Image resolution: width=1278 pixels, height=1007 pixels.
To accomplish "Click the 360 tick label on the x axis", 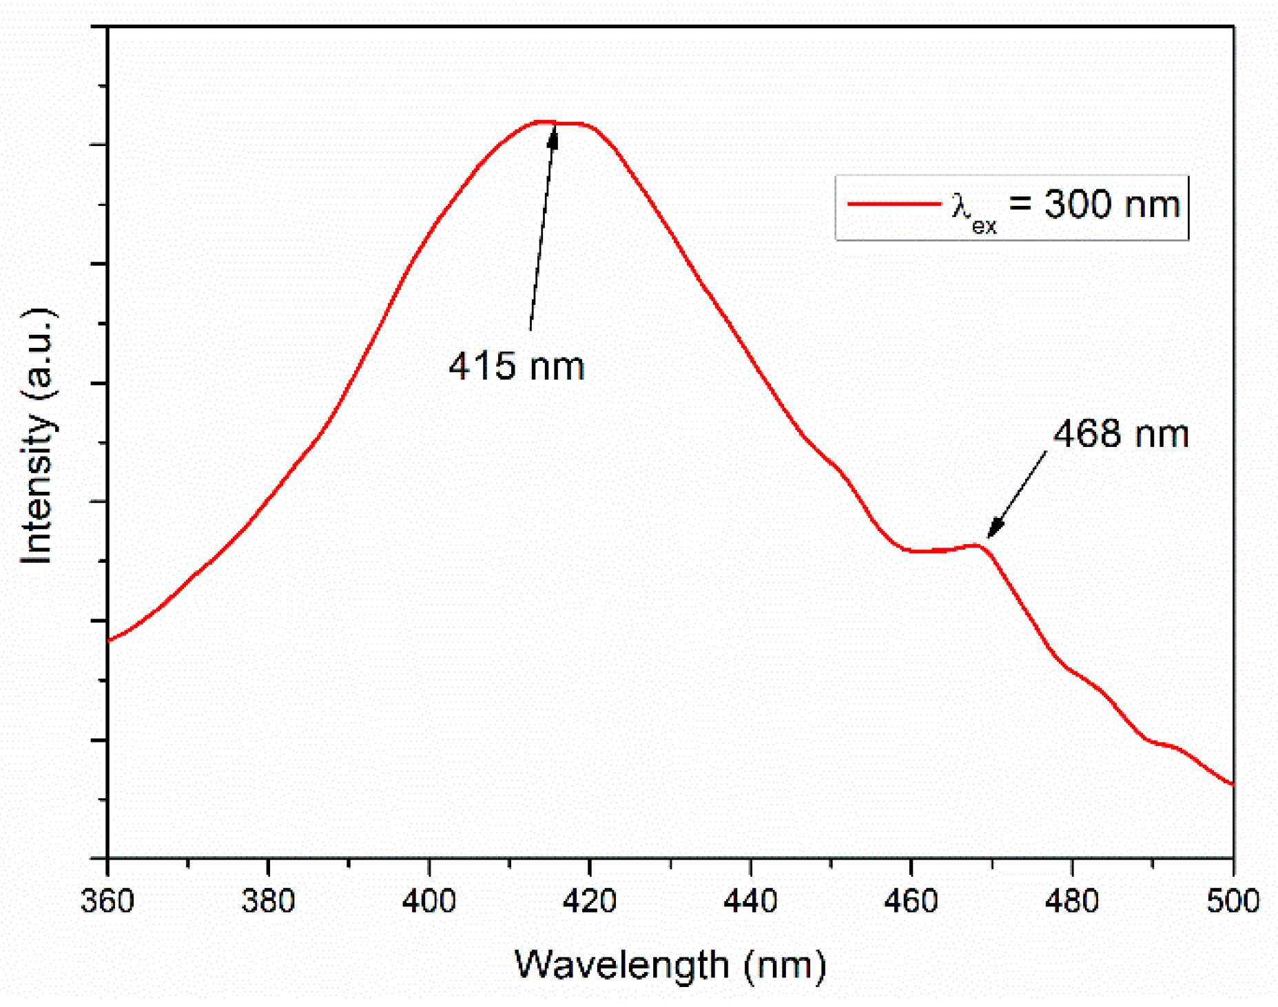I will coord(107,901).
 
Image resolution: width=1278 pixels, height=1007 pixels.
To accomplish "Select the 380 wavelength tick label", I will coord(268,901).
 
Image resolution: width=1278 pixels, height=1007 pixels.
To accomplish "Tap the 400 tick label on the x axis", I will coord(429,901).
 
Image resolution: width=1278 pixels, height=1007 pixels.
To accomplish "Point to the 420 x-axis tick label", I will coord(590,901).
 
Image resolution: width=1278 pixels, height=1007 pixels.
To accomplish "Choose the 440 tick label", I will coord(750,901).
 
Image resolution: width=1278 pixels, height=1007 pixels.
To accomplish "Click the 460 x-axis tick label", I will coord(911,901).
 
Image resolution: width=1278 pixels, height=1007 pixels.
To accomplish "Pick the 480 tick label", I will coord(1072,901).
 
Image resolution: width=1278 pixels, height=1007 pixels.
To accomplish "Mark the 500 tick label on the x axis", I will coord(1233,901).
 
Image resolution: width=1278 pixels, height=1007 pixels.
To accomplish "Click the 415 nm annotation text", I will coord(517,366).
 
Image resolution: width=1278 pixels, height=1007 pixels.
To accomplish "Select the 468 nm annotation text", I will coord(1121,434).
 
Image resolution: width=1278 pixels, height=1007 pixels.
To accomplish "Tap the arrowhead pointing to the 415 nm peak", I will coord(553,134).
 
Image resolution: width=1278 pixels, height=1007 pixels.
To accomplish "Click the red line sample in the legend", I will coord(894,204).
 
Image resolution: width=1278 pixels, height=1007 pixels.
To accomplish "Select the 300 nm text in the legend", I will coord(1111,205).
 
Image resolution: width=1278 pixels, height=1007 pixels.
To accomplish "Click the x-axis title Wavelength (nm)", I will coord(670,964).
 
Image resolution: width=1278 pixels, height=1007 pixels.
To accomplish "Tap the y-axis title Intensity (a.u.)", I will coord(37,436).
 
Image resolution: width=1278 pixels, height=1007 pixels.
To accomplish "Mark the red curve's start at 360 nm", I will coord(109,641).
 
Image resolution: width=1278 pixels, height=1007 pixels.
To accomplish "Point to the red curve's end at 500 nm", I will coord(1232,784).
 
